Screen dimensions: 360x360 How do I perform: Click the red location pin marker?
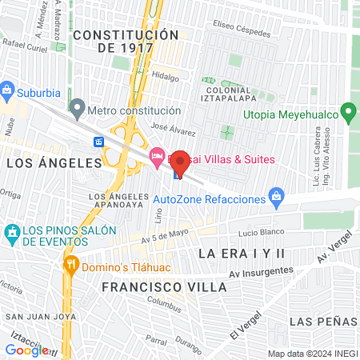(x=180, y=162)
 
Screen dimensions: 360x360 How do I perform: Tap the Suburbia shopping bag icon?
(x=9, y=88)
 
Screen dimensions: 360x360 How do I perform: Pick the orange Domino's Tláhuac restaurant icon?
(x=70, y=264)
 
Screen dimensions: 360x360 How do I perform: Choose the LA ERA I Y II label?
(x=241, y=253)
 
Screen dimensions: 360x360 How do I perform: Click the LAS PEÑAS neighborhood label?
(x=322, y=322)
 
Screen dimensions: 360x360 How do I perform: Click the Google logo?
(x=26, y=350)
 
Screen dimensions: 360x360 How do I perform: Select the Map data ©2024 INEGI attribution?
(x=312, y=354)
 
